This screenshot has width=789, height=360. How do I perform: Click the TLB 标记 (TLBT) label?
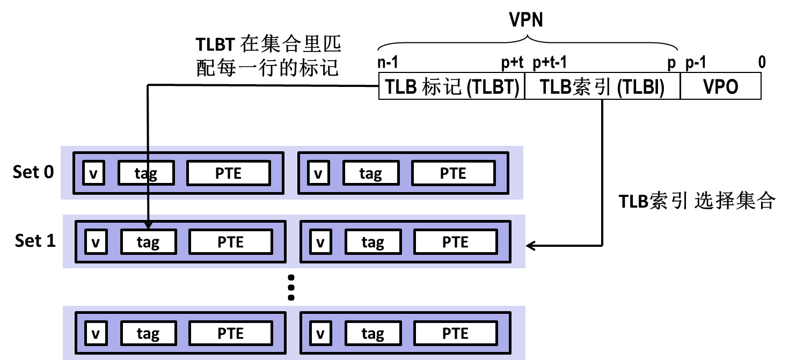[451, 86]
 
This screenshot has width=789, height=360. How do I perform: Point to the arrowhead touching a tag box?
[148, 225]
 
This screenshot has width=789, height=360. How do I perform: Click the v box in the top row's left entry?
[94, 173]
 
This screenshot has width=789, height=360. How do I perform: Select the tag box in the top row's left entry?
[146, 173]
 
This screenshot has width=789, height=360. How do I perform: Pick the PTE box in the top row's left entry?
[228, 173]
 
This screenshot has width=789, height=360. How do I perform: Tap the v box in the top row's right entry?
[318, 173]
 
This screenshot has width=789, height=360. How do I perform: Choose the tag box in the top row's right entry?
[371, 173]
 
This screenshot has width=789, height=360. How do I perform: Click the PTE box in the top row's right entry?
[453, 173]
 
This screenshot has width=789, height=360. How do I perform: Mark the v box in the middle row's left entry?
[96, 242]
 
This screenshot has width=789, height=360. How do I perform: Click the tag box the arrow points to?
[148, 242]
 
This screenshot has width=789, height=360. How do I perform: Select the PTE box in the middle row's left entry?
[231, 242]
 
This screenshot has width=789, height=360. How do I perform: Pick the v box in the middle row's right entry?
[320, 242]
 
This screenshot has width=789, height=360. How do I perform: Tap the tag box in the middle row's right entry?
[373, 242]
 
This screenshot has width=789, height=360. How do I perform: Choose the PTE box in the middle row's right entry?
[455, 242]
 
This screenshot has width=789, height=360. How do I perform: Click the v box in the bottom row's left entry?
[96, 333]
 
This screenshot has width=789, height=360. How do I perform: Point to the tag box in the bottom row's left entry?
[148, 333]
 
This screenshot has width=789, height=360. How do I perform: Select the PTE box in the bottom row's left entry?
[231, 333]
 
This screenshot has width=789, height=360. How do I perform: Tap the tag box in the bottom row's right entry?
[373, 333]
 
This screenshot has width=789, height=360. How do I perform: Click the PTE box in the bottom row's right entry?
[455, 333]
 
